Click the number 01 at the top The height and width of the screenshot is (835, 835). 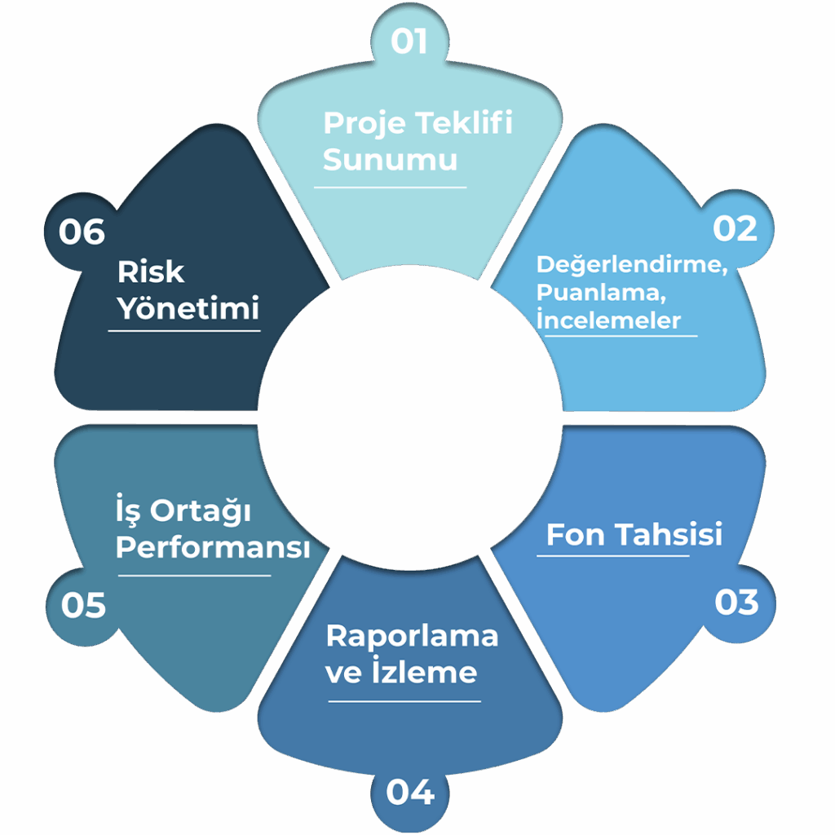[x=409, y=42]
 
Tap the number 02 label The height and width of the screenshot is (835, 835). [x=736, y=229]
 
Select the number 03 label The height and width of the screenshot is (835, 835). [x=736, y=603]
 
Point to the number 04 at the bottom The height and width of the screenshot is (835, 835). [x=410, y=793]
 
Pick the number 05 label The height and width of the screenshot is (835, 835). [x=83, y=606]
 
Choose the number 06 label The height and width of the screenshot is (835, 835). [x=82, y=232]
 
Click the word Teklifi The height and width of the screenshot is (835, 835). [x=465, y=123]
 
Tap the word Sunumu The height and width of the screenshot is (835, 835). [x=390, y=160]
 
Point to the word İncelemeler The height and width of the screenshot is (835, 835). [x=608, y=319]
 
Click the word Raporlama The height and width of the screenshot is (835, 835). [x=412, y=636]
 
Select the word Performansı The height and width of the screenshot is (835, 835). [x=213, y=548]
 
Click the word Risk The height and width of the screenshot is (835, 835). [x=151, y=272]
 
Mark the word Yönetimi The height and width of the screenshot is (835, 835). [x=188, y=309]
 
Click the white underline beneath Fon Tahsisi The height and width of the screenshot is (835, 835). [x=612, y=557]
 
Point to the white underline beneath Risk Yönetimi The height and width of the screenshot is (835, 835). [x=184, y=330]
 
